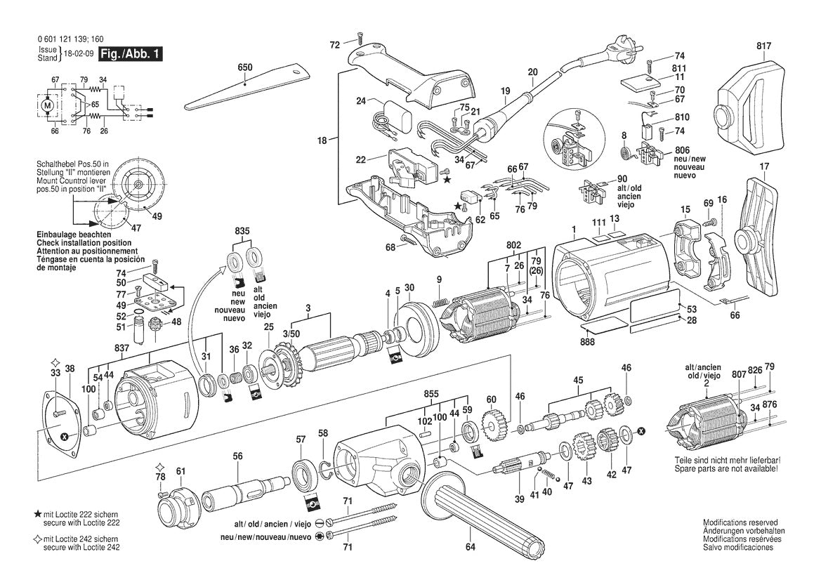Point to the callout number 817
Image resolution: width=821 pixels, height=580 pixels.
click(763, 46)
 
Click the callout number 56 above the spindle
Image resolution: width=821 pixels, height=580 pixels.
click(238, 456)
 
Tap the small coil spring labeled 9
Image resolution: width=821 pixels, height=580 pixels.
click(439, 302)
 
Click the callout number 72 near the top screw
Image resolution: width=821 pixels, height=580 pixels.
click(335, 44)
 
